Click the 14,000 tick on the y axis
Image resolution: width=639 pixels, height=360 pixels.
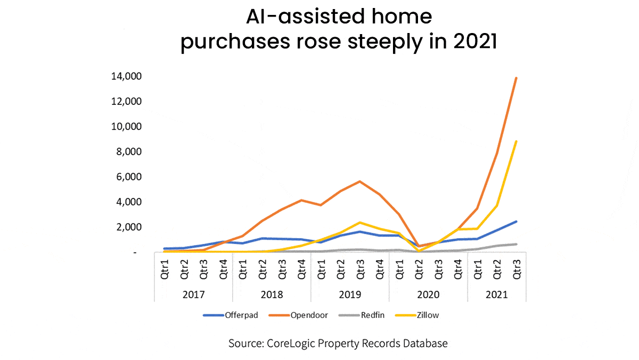[126, 76]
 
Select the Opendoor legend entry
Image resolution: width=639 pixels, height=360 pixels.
[304, 315]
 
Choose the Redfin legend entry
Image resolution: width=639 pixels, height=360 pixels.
[363, 315]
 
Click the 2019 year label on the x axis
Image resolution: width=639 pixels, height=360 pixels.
[350, 294]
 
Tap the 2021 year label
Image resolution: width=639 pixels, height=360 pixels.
[496, 294]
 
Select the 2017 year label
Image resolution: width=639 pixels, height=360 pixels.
[194, 294]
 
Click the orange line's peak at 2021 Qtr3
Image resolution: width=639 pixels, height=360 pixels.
[516, 78]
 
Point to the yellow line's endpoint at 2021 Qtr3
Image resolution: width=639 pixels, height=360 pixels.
[516, 141]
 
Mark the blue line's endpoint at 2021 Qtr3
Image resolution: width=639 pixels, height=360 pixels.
[516, 222]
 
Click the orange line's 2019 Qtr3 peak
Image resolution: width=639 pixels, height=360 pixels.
[360, 181]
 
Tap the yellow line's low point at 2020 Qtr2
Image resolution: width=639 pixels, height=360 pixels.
[419, 250]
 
